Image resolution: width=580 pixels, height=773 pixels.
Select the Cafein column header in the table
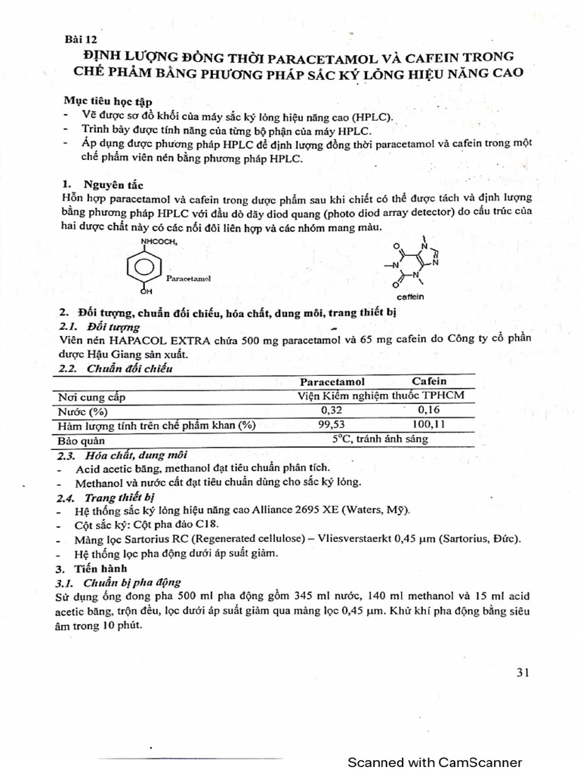pos(429,381)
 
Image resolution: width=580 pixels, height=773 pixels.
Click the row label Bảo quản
pos(85,440)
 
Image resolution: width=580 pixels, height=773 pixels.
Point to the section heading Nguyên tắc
pos(111,184)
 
